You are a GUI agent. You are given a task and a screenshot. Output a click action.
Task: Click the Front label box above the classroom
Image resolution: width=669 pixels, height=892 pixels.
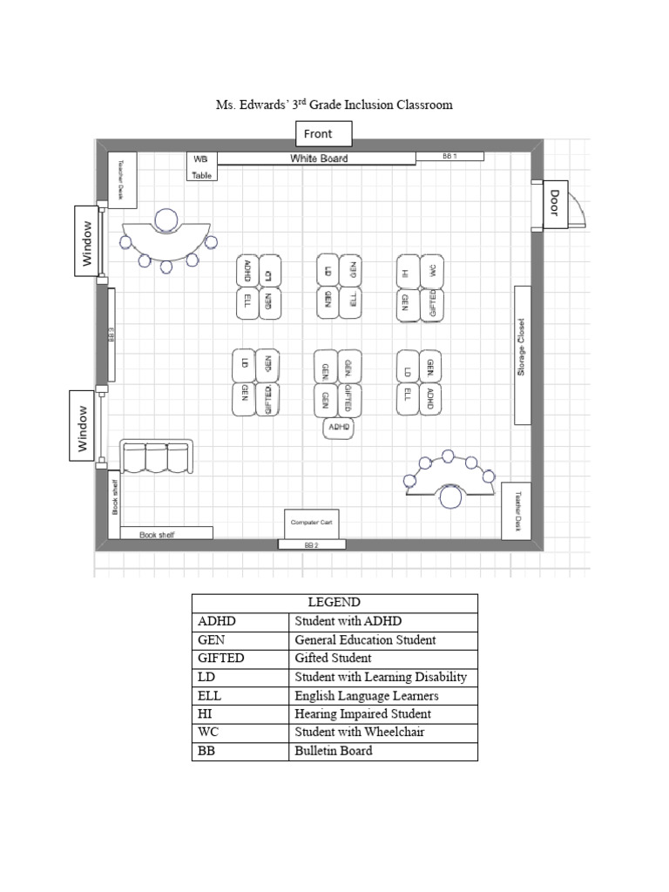(x=324, y=133)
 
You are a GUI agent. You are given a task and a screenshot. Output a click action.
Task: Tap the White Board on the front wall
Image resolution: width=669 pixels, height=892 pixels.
(x=318, y=159)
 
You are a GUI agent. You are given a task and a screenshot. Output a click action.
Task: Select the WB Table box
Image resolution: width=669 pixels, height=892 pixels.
(x=201, y=166)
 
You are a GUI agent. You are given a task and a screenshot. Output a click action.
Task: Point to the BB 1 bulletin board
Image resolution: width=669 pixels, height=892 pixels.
(x=449, y=156)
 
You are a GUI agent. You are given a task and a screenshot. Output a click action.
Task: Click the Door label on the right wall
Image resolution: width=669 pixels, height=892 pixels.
(x=554, y=205)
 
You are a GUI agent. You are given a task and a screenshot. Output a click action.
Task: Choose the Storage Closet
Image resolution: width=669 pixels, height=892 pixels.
(x=522, y=355)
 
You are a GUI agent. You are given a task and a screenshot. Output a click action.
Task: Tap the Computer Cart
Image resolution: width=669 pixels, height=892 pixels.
(x=310, y=523)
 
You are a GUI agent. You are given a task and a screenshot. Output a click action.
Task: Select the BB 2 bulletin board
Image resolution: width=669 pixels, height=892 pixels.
(x=311, y=544)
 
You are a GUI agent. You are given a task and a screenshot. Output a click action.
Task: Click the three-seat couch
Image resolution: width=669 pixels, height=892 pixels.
(x=157, y=458)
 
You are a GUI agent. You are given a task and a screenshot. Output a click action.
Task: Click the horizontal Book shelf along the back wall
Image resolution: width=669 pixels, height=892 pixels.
(x=166, y=534)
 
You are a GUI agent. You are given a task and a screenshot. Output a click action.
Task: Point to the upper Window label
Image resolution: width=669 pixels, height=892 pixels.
(x=87, y=241)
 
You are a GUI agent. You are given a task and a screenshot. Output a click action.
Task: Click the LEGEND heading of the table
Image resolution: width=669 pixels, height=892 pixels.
(x=334, y=603)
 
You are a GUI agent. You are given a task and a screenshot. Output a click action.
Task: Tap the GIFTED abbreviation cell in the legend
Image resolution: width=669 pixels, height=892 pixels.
(x=240, y=659)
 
